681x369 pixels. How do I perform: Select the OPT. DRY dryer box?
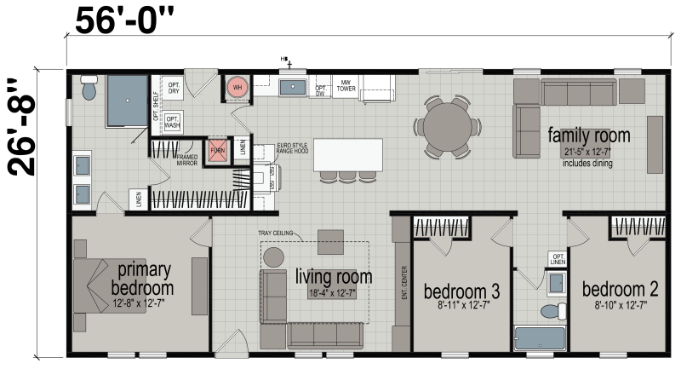[x=173, y=88]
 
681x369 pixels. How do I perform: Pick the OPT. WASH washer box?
[x=172, y=121]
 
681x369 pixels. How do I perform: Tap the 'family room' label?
[x=588, y=135]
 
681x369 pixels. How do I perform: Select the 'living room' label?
[x=333, y=276]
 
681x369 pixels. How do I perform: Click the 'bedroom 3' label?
[x=461, y=292]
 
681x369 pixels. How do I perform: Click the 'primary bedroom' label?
[x=143, y=277]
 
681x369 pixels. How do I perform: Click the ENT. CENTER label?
[x=403, y=286]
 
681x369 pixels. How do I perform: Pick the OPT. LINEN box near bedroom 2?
[x=558, y=258]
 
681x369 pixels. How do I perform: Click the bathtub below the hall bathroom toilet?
[x=540, y=337]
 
